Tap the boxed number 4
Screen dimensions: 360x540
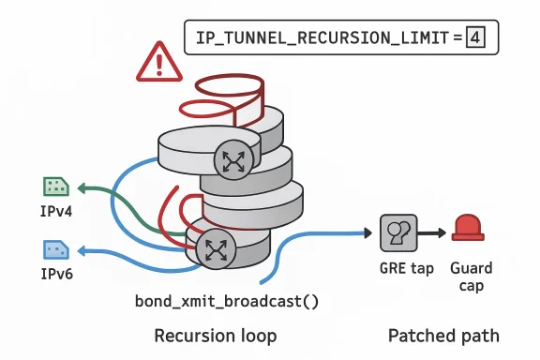476,38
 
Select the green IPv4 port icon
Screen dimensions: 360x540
54,187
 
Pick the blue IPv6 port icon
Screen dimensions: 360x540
54,250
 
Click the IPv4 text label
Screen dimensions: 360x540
54,211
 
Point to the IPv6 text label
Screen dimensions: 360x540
54,274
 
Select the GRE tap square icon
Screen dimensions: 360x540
397,232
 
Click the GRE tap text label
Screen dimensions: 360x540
406,269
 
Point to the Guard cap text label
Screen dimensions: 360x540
471,277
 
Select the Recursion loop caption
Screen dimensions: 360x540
215,335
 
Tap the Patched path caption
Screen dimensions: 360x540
443,335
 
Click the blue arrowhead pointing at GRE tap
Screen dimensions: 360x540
367,231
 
